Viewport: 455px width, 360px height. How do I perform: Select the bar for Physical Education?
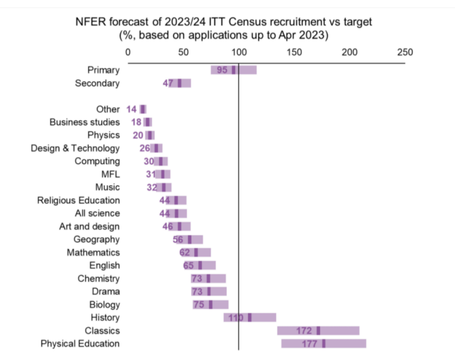point(324,344)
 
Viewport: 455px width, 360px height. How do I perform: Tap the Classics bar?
point(318,331)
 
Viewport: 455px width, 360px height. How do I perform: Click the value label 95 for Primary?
point(222,70)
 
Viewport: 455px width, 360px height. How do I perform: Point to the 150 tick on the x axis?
point(294,53)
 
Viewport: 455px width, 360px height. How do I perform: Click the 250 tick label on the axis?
point(405,53)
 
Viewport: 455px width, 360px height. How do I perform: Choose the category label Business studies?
point(85,122)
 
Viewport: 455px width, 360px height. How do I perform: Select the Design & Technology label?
point(76,148)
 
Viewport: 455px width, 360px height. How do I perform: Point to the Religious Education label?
point(79,200)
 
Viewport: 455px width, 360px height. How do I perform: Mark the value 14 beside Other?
point(132,109)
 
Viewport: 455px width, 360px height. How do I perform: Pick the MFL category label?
point(111,174)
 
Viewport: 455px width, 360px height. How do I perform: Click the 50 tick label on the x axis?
point(183,53)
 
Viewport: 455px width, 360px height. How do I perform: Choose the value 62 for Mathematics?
point(185,253)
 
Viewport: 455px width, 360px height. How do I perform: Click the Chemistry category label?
point(98,278)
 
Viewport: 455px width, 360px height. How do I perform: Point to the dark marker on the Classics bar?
point(318,331)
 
